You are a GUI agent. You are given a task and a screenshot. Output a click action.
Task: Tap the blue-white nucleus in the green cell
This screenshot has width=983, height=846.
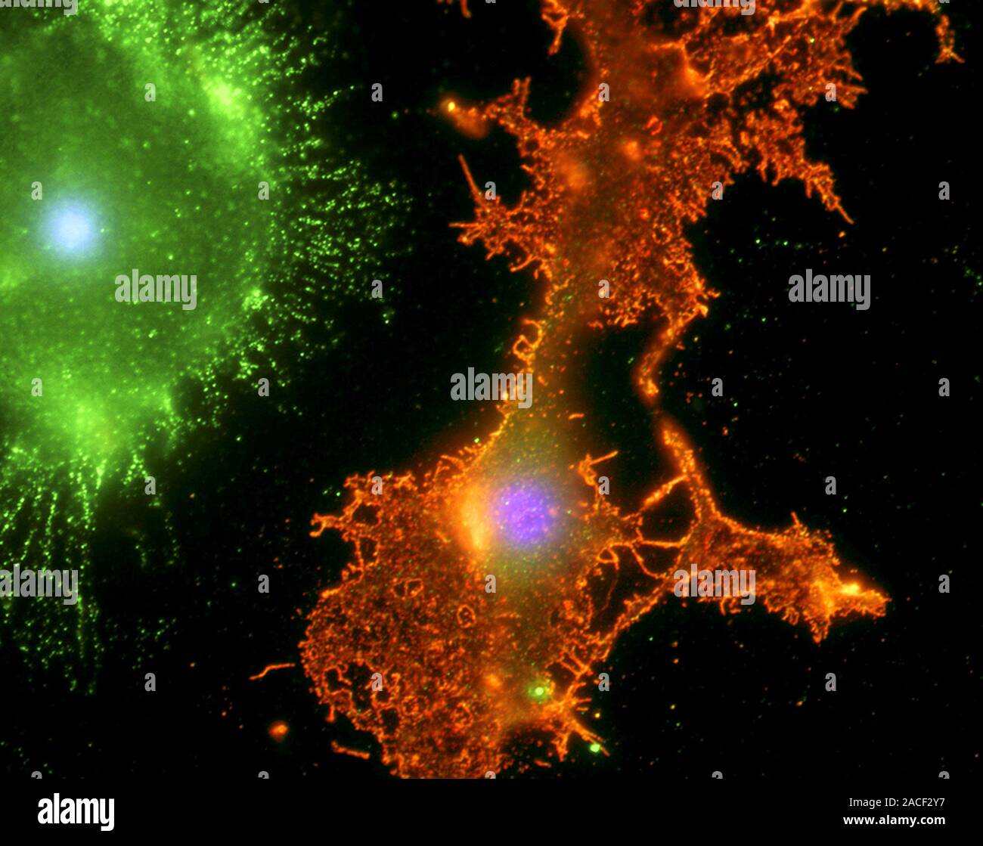pos(72,227)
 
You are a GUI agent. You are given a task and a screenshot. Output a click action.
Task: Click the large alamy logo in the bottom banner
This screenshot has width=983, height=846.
pos(76,812)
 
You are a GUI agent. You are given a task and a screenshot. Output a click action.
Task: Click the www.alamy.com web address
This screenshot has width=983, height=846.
pos(897,821)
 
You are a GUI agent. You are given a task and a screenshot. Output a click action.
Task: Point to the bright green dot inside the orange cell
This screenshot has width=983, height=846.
pos(538,690)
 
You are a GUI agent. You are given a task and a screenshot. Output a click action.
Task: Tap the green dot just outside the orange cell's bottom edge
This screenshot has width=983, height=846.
pos(595,748)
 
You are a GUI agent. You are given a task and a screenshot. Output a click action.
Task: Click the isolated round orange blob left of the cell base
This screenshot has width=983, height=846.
pos(278,730)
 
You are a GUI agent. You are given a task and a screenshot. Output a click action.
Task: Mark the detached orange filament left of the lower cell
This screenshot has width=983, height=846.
pos(272,669)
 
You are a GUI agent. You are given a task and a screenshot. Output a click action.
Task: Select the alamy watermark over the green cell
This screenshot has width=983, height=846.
pos(156,289)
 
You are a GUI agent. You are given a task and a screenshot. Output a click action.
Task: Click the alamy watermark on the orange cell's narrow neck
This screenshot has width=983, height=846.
pos(491,387)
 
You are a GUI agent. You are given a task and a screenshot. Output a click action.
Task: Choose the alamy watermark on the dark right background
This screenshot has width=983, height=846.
pos(829,289)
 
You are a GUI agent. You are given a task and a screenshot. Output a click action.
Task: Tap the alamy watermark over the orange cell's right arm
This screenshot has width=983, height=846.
pos(714,584)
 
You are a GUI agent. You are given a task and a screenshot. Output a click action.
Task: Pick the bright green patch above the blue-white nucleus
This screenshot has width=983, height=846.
pos(223,95)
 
